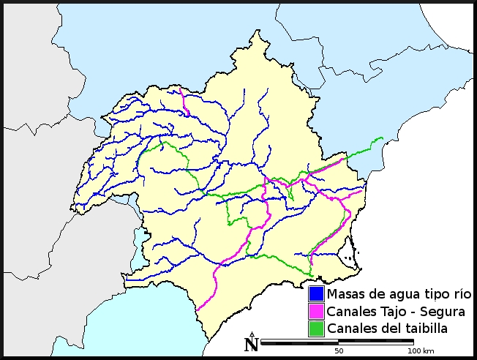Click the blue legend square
click(316, 294)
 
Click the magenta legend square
click(316, 311)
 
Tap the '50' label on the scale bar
click(339, 351)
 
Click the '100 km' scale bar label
click(419, 351)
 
